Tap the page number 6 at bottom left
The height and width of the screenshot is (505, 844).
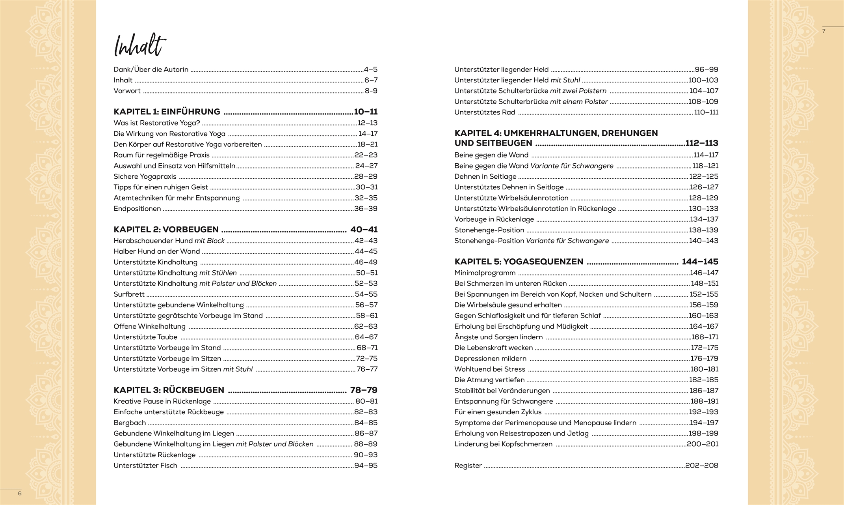pos(20,494)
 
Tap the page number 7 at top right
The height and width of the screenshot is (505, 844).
pos(824,31)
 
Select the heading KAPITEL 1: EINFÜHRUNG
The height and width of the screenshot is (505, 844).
pos(167,112)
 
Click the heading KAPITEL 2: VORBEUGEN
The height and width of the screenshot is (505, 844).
pos(166,230)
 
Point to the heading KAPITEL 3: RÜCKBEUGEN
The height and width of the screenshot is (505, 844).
pos(169,390)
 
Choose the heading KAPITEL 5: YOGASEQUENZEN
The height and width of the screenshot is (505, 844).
pos(519,262)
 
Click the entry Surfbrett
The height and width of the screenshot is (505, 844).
pos(129,294)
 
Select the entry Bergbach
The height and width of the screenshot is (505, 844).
pos(130,423)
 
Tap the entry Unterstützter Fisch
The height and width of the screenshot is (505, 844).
pos(145,466)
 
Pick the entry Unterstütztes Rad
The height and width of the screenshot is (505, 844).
pos(485,112)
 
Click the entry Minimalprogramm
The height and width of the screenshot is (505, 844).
pos(485,273)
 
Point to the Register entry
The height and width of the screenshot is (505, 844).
pos(468,466)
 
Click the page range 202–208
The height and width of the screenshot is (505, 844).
pos(701,466)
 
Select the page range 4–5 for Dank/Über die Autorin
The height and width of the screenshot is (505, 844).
pos(370,69)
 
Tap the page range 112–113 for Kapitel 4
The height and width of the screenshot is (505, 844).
pos(702,143)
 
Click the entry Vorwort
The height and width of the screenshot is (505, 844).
pos(127,91)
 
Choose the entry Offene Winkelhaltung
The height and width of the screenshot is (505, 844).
pos(149,326)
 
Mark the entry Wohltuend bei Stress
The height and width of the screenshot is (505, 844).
pos(489,369)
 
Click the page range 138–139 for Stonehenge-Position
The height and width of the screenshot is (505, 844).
pos(703,230)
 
